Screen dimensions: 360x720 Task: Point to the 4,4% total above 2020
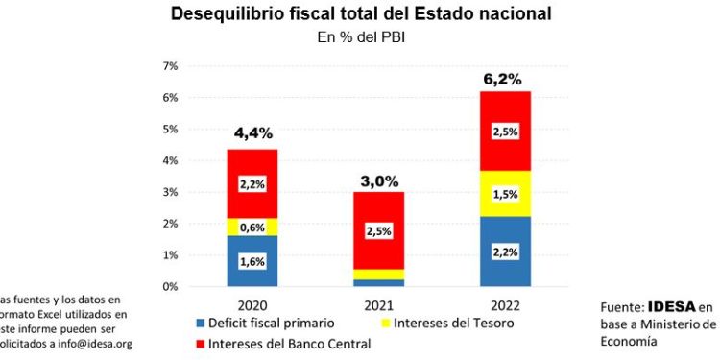click(252, 134)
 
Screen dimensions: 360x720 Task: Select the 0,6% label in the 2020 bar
click(252, 228)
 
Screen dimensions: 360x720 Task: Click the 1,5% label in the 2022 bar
click(505, 194)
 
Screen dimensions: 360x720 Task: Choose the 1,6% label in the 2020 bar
click(252, 261)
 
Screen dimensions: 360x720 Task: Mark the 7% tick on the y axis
click(170, 66)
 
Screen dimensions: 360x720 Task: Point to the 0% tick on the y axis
click(170, 287)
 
